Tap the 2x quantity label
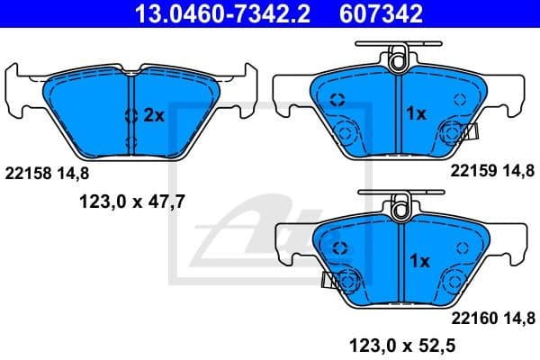[154, 114]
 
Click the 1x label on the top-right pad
[416, 114]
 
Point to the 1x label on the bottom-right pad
[419, 261]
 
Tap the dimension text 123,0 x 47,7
[128, 202]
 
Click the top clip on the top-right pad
[399, 59]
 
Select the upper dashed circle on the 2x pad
[130, 114]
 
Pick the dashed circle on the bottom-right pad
[338, 247]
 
